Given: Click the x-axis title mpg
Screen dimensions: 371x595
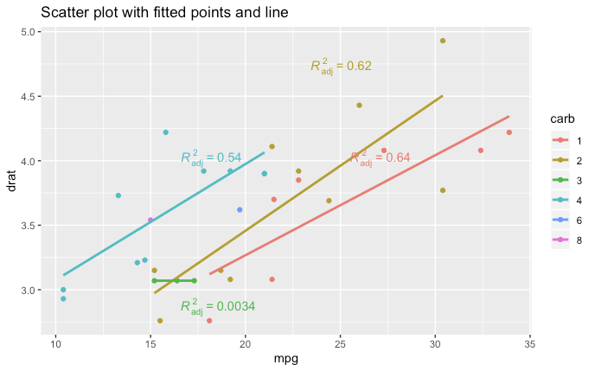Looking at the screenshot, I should pyautogui.click(x=286, y=359).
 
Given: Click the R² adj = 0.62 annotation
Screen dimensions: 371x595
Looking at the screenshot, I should pyautogui.click(x=341, y=67).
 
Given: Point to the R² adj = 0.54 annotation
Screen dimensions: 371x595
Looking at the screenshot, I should pyautogui.click(x=211, y=158).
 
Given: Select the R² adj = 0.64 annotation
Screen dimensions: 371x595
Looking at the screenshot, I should pyautogui.click(x=380, y=158).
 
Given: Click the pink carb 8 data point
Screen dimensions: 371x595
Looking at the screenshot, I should pyautogui.click(x=150, y=220).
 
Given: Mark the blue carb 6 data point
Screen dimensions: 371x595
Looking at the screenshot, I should pyautogui.click(x=240, y=210).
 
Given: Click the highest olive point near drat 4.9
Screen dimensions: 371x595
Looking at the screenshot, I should pyautogui.click(x=443, y=41).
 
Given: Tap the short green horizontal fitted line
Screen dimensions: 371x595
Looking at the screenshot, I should pyautogui.click(x=173, y=280).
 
